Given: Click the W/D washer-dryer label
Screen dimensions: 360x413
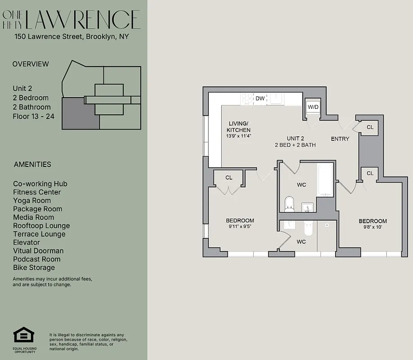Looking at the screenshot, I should point(313,107).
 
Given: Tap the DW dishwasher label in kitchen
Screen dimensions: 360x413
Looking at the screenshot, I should point(260,98).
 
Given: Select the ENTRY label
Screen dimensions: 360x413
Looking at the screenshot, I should point(340,139).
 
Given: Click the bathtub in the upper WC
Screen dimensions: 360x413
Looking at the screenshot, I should point(325,180).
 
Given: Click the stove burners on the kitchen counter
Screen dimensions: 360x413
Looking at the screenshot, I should point(247,98).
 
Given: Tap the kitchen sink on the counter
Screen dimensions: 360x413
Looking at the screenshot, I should point(276,98).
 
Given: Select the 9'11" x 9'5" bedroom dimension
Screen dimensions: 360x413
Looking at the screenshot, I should point(240,227).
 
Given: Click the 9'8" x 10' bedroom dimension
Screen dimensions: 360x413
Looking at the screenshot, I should point(373,227).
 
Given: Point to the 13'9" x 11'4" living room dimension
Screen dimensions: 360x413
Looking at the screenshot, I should point(238,136).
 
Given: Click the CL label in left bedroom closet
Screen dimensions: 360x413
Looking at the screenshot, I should point(229,178).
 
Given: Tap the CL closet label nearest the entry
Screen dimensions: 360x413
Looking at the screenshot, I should point(370,127).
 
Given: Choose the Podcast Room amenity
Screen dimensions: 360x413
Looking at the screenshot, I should point(36,259).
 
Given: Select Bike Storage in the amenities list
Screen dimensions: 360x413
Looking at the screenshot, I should point(34,267).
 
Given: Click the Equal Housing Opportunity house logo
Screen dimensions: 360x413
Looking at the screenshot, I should point(24,335).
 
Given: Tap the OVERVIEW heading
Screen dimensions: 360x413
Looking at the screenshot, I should point(31,64).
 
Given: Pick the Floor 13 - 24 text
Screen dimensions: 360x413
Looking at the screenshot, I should point(34,116).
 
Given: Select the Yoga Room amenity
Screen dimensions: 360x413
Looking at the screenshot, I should point(31,200).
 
